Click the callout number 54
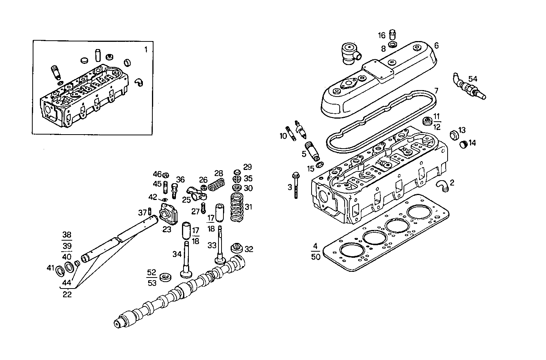coord(472,79)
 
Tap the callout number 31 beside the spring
coord(248,207)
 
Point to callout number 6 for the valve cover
coord(436,46)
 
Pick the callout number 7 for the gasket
coord(436,91)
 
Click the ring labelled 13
coord(453,135)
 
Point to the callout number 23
coord(167,229)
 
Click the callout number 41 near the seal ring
coord(50,268)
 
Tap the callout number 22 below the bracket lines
coord(67,294)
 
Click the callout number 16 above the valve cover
coord(381,36)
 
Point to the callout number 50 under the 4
coord(316,257)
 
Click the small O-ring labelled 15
coord(320,164)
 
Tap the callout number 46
coord(157,174)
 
